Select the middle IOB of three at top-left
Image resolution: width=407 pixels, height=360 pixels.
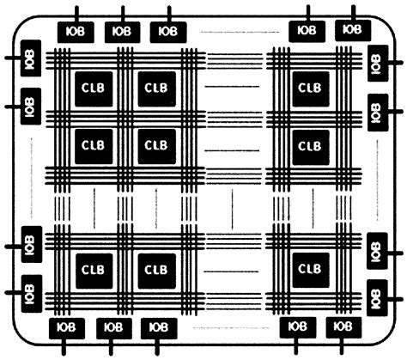pyautogui.click(x=122, y=32)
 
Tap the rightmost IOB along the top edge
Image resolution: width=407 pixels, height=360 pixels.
pyautogui.click(x=351, y=29)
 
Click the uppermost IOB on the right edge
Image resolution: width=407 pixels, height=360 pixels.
pyautogui.click(x=375, y=63)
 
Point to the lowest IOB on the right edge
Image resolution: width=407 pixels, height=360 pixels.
pyautogui.click(x=375, y=294)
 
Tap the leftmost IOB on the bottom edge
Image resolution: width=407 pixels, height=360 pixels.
pyautogui.click(x=65, y=328)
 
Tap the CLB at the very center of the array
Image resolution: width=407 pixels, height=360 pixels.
pyautogui.click(x=155, y=145)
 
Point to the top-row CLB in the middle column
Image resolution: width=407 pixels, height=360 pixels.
pyautogui.click(x=155, y=88)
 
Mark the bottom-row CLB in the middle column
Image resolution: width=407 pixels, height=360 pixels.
pyautogui.click(x=155, y=269)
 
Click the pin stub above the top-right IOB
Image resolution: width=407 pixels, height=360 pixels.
pyautogui.click(x=352, y=12)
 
